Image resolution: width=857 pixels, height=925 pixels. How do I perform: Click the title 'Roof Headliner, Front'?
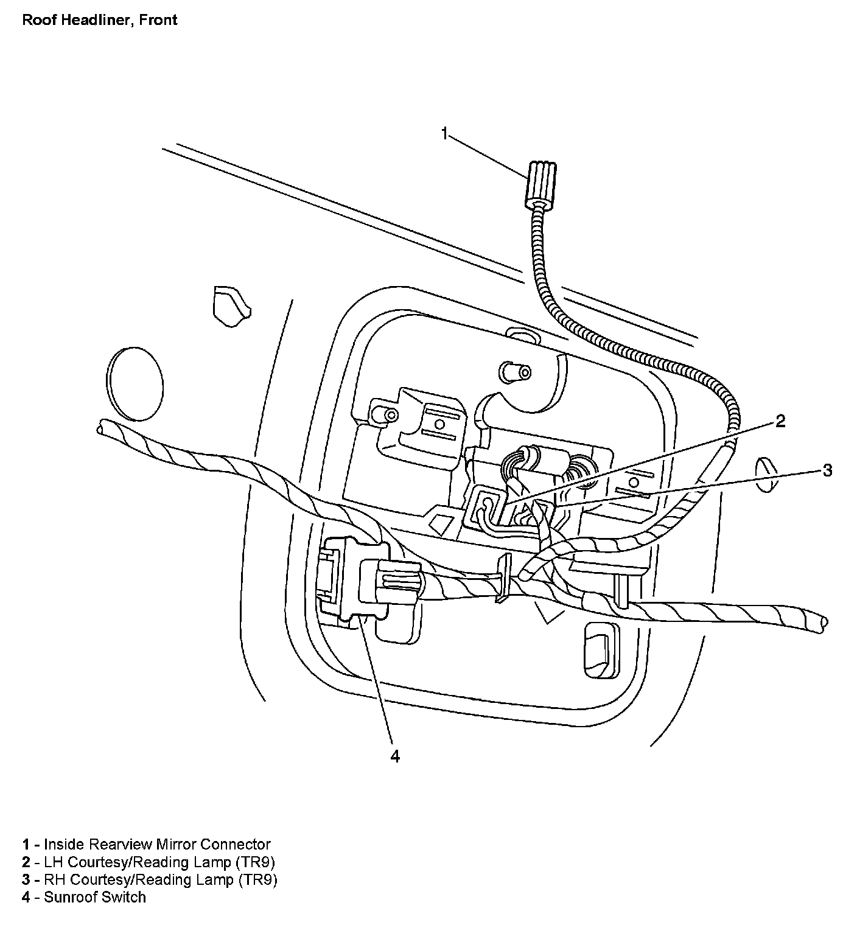pyautogui.click(x=99, y=20)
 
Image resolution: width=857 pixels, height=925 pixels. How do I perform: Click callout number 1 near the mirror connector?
pyautogui.click(x=445, y=133)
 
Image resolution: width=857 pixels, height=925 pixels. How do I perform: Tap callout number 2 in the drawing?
pyautogui.click(x=780, y=421)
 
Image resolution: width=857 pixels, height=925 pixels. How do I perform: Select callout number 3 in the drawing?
pyautogui.click(x=827, y=470)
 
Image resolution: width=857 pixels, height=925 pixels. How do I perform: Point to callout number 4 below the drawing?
pyautogui.click(x=395, y=756)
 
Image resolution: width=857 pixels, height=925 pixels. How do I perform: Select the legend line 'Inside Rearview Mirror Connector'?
pyautogui.click(x=146, y=844)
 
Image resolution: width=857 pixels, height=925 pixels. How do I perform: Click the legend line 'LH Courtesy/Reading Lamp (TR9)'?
pyautogui.click(x=150, y=862)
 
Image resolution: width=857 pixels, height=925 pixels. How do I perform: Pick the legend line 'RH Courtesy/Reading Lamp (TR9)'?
pyautogui.click(x=150, y=879)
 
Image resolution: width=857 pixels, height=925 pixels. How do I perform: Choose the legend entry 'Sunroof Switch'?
pyautogui.click(x=84, y=897)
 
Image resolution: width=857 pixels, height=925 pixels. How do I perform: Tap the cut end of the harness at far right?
pyautogui.click(x=823, y=621)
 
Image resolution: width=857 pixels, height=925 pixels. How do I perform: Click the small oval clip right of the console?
pyautogui.click(x=766, y=474)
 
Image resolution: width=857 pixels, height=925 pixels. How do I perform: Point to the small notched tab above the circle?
pyautogui.click(x=229, y=302)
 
